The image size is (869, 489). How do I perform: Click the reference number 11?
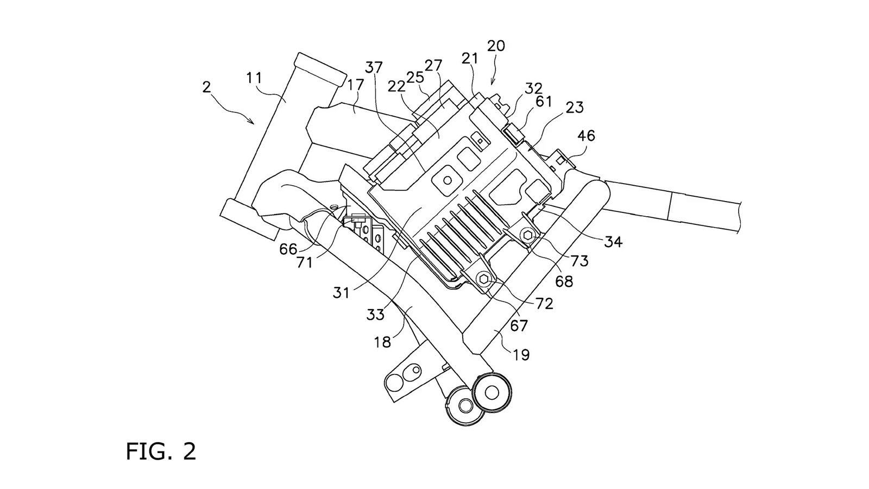[254, 78]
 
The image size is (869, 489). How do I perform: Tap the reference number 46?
[586, 135]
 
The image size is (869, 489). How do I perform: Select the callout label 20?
[496, 46]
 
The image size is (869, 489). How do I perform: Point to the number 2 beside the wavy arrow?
[206, 87]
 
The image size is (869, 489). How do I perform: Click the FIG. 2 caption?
[161, 451]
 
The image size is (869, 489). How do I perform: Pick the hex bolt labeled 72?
[484, 280]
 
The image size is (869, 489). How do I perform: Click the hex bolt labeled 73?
[528, 235]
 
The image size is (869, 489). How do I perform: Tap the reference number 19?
[521, 355]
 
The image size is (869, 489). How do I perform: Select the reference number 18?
[382, 342]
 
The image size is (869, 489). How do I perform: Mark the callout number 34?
[613, 242]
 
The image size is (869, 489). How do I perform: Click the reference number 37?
[374, 67]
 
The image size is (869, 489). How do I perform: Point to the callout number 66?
[288, 249]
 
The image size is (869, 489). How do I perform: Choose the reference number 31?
[341, 293]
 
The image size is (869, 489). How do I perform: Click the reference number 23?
[574, 108]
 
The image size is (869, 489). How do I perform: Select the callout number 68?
[564, 281]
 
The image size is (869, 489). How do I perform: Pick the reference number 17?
[355, 85]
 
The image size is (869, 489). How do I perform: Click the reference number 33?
[375, 315]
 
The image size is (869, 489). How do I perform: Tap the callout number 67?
[519, 325]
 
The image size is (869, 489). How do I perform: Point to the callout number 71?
[305, 262]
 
